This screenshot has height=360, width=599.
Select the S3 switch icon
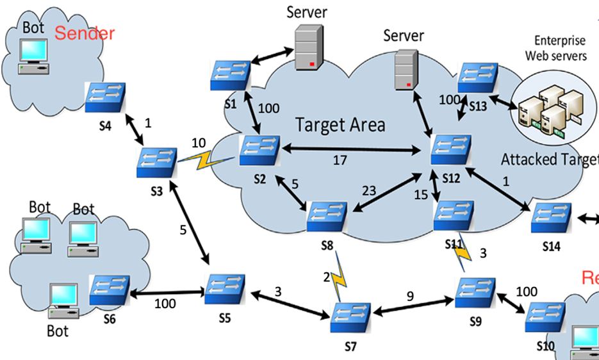pyautogui.click(x=156, y=163)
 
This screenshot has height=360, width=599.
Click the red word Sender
pyautogui.click(x=85, y=33)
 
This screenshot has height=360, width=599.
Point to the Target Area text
pyautogui.click(x=340, y=124)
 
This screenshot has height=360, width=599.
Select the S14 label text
pyautogui.click(x=551, y=246)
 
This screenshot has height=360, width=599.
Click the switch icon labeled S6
pyautogui.click(x=110, y=290)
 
